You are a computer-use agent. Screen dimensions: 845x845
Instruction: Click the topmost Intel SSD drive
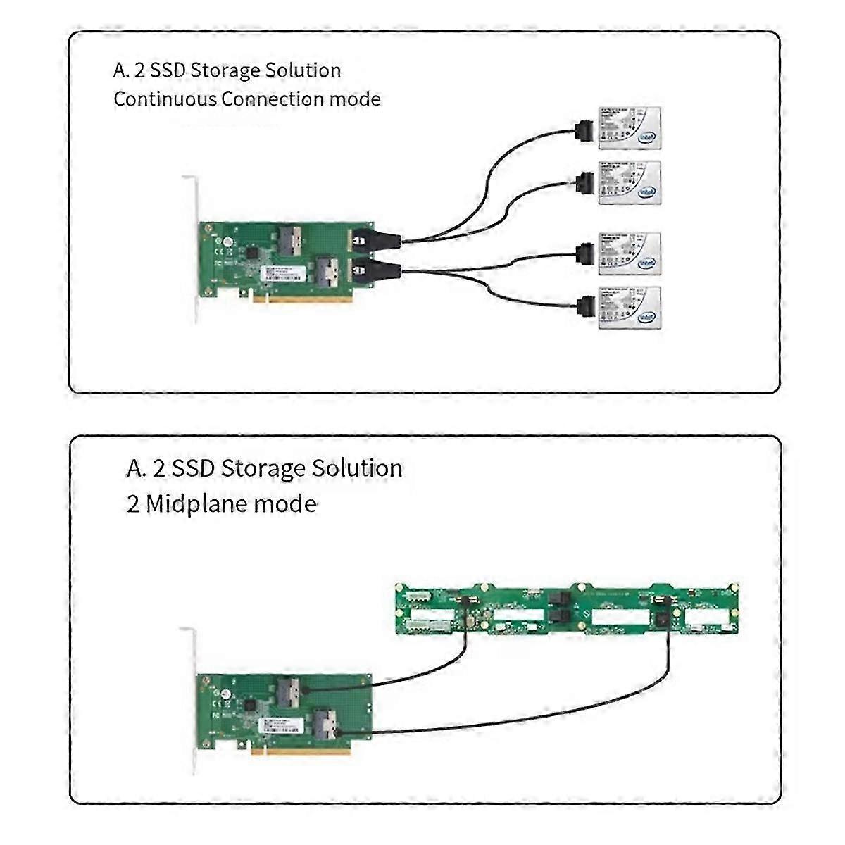pyautogui.click(x=630, y=127)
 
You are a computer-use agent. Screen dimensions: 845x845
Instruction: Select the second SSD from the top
pyautogui.click(x=630, y=182)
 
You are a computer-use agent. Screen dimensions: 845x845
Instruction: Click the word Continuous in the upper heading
pyautogui.click(x=165, y=99)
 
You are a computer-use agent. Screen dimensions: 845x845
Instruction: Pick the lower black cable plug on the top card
pyautogui.click(x=375, y=269)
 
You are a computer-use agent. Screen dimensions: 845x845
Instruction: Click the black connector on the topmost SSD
pyautogui.click(x=584, y=130)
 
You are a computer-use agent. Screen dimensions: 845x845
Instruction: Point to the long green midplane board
pyautogui.click(x=567, y=610)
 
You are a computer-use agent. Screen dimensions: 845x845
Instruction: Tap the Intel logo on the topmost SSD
pyautogui.click(x=646, y=139)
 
